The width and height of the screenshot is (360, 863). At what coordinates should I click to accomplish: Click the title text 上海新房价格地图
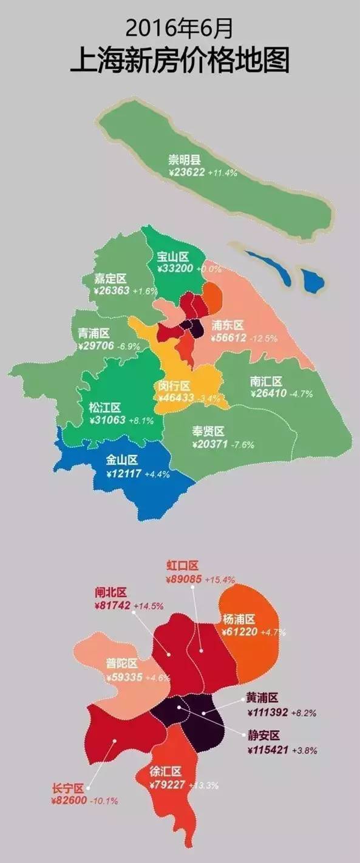pyautogui.click(x=180, y=61)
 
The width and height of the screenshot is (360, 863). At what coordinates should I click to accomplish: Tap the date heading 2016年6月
pyautogui.click(x=180, y=28)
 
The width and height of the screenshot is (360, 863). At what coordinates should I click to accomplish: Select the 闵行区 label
pyautogui.click(x=174, y=386)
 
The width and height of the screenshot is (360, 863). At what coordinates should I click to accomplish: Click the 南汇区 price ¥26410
pyautogui.click(x=268, y=393)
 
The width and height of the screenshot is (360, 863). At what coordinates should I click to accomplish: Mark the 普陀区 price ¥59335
pyautogui.click(x=125, y=677)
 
